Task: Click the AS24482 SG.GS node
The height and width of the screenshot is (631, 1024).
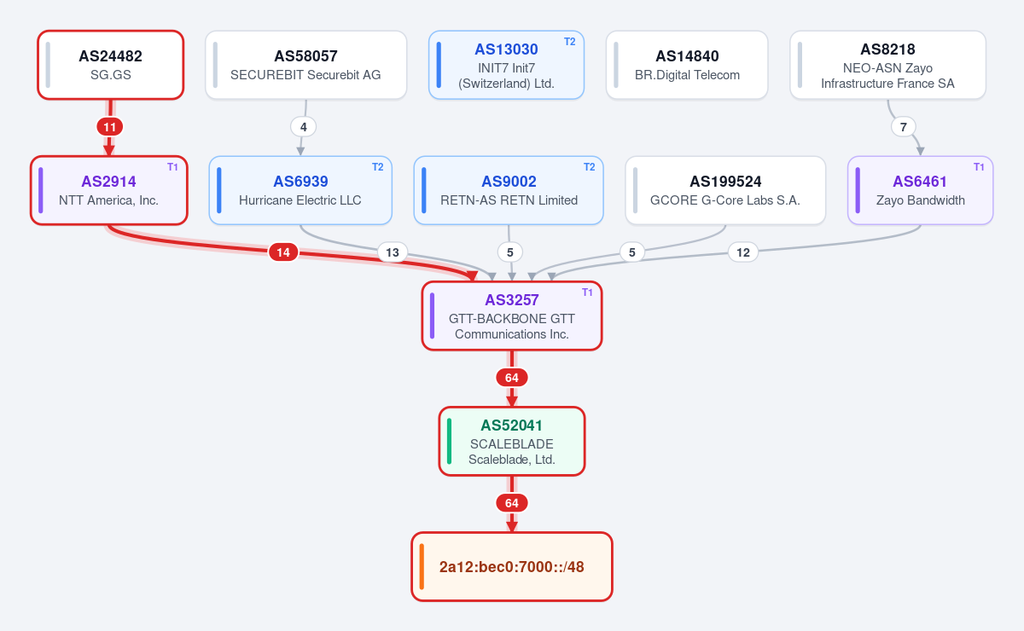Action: coord(111,65)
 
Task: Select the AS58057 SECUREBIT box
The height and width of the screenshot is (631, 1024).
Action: coord(305,65)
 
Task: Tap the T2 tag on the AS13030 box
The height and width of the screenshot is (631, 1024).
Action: coord(570,42)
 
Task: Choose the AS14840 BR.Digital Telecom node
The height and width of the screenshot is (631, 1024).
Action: coord(687,65)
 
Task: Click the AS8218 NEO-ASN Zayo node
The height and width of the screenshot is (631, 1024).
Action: coord(887,65)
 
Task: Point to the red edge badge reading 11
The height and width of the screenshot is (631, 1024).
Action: coord(110,127)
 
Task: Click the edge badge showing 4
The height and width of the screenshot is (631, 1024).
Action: coord(303,127)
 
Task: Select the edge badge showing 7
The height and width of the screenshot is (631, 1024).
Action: coord(904,127)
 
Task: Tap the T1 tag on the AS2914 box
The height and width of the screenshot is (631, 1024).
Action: coord(172,167)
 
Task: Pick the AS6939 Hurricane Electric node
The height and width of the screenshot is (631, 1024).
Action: coord(300,190)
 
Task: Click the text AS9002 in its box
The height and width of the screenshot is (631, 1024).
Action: coord(509,182)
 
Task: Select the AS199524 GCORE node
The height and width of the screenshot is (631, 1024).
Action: coord(725,190)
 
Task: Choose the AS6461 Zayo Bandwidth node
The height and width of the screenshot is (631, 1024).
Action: coord(920,190)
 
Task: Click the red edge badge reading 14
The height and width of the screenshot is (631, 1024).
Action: coord(283,252)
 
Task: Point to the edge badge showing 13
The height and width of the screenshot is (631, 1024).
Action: coord(393,252)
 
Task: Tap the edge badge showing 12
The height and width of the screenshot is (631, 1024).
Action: coord(743,252)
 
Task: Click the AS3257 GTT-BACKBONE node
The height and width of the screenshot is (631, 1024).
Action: coord(512,316)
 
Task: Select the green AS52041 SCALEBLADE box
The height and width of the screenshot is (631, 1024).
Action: coord(512,442)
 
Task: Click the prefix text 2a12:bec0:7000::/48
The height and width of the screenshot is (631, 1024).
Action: coord(511,567)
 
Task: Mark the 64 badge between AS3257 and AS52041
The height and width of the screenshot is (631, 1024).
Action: coord(512,378)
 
